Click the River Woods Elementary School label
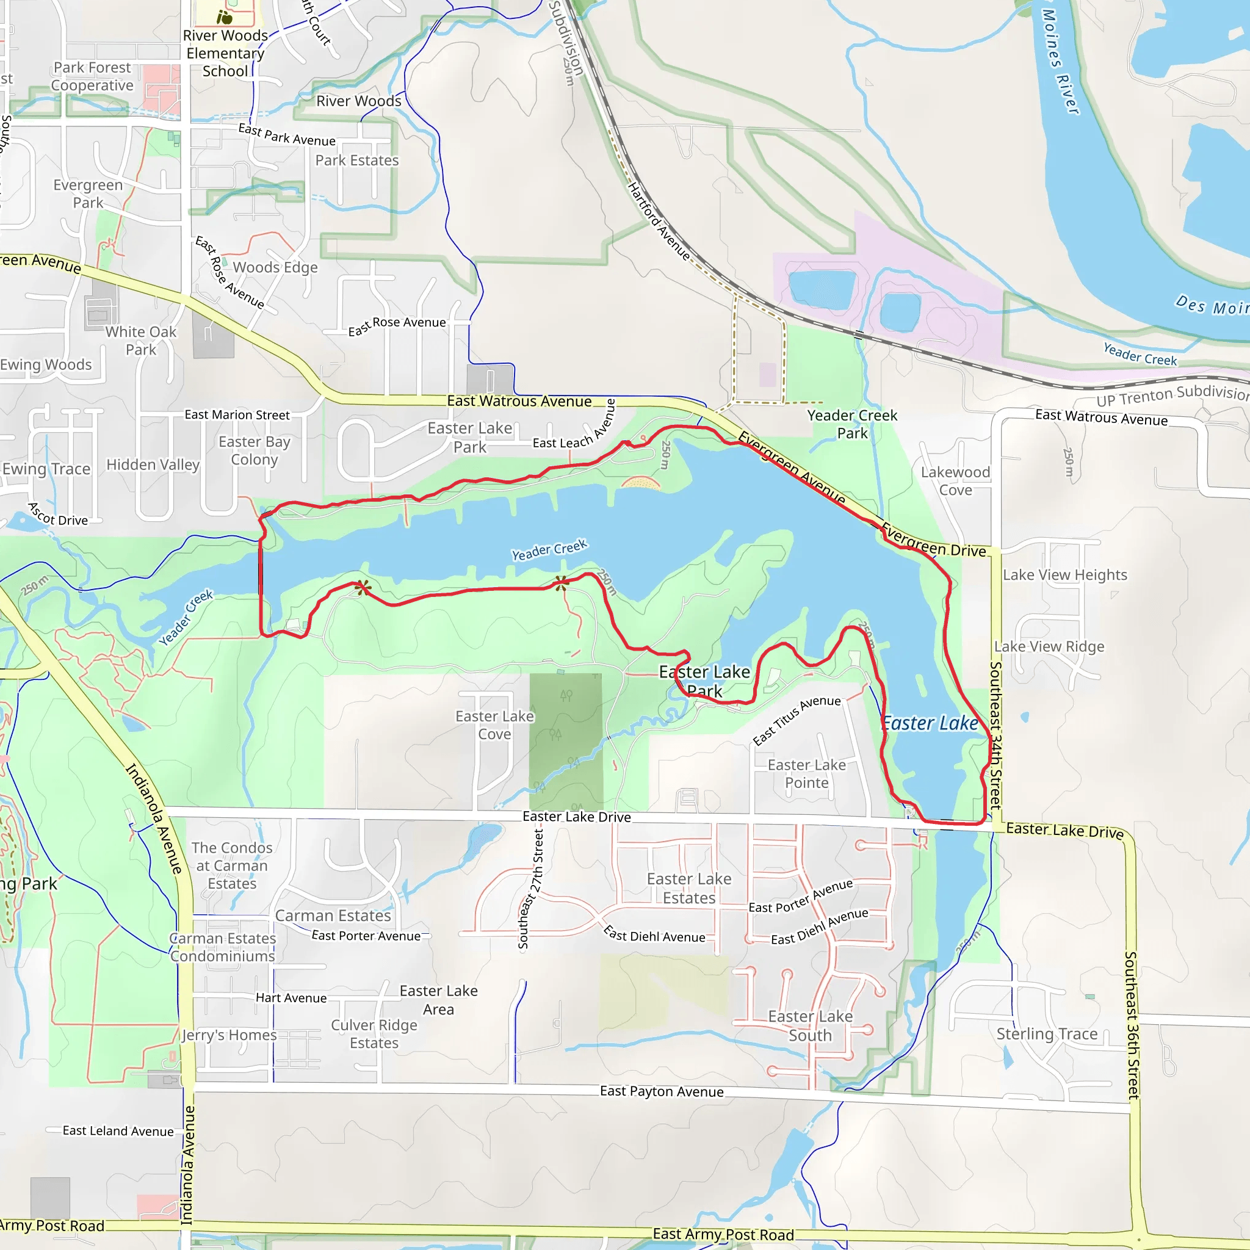tap(225, 54)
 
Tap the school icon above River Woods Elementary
tap(225, 17)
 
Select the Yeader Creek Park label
tap(852, 424)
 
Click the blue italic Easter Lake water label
tap(930, 723)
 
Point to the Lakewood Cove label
tap(956, 481)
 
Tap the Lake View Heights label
tap(1065, 574)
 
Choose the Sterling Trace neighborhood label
tap(1047, 1034)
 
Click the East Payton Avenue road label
tap(661, 1091)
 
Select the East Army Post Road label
tap(723, 1235)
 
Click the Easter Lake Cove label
tap(494, 724)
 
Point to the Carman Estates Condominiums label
tap(223, 947)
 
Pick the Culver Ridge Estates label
tap(374, 1034)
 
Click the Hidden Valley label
tap(153, 464)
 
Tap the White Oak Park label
tap(141, 341)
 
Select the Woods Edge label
tap(275, 267)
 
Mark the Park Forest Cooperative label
tap(92, 76)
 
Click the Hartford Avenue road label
tap(659, 222)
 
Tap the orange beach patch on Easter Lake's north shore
tap(640, 483)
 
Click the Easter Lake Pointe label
tap(806, 774)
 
